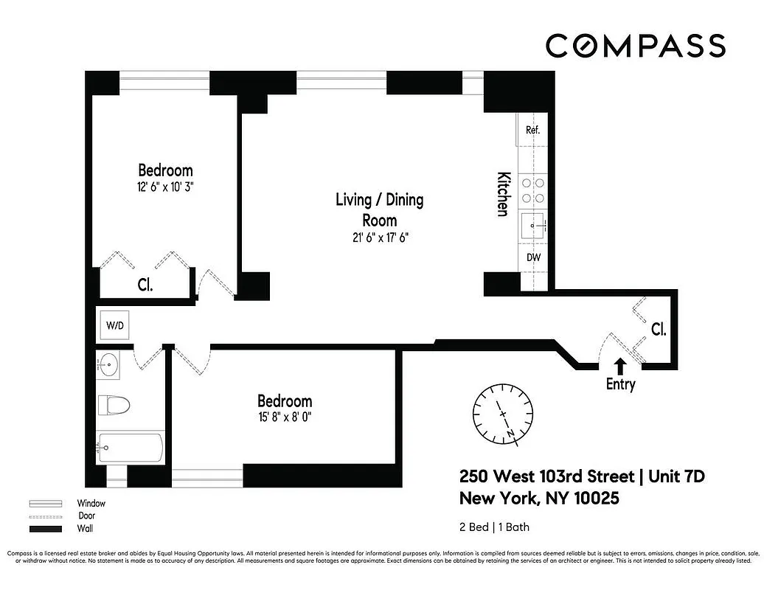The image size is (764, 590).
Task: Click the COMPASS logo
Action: pos(635,46)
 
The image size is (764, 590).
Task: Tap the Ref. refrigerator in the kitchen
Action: pos(533,130)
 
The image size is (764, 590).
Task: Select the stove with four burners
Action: pos(533,191)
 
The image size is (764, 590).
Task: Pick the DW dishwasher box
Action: pos(533,257)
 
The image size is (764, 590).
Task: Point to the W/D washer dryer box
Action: pos(115,325)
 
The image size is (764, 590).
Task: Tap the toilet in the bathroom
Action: pos(115,405)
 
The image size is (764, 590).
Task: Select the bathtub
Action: pos(131,447)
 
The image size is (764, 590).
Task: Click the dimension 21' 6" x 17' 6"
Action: pos(379,237)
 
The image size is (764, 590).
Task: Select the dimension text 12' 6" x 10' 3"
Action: pos(165,187)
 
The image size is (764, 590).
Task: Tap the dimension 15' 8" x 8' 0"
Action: pos(285,418)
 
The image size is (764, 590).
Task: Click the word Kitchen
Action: pos(502,194)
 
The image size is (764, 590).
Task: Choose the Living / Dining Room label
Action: pos(379,209)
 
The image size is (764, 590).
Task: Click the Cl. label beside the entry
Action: pos(659,330)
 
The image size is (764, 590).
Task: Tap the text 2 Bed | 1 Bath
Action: pos(494,527)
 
